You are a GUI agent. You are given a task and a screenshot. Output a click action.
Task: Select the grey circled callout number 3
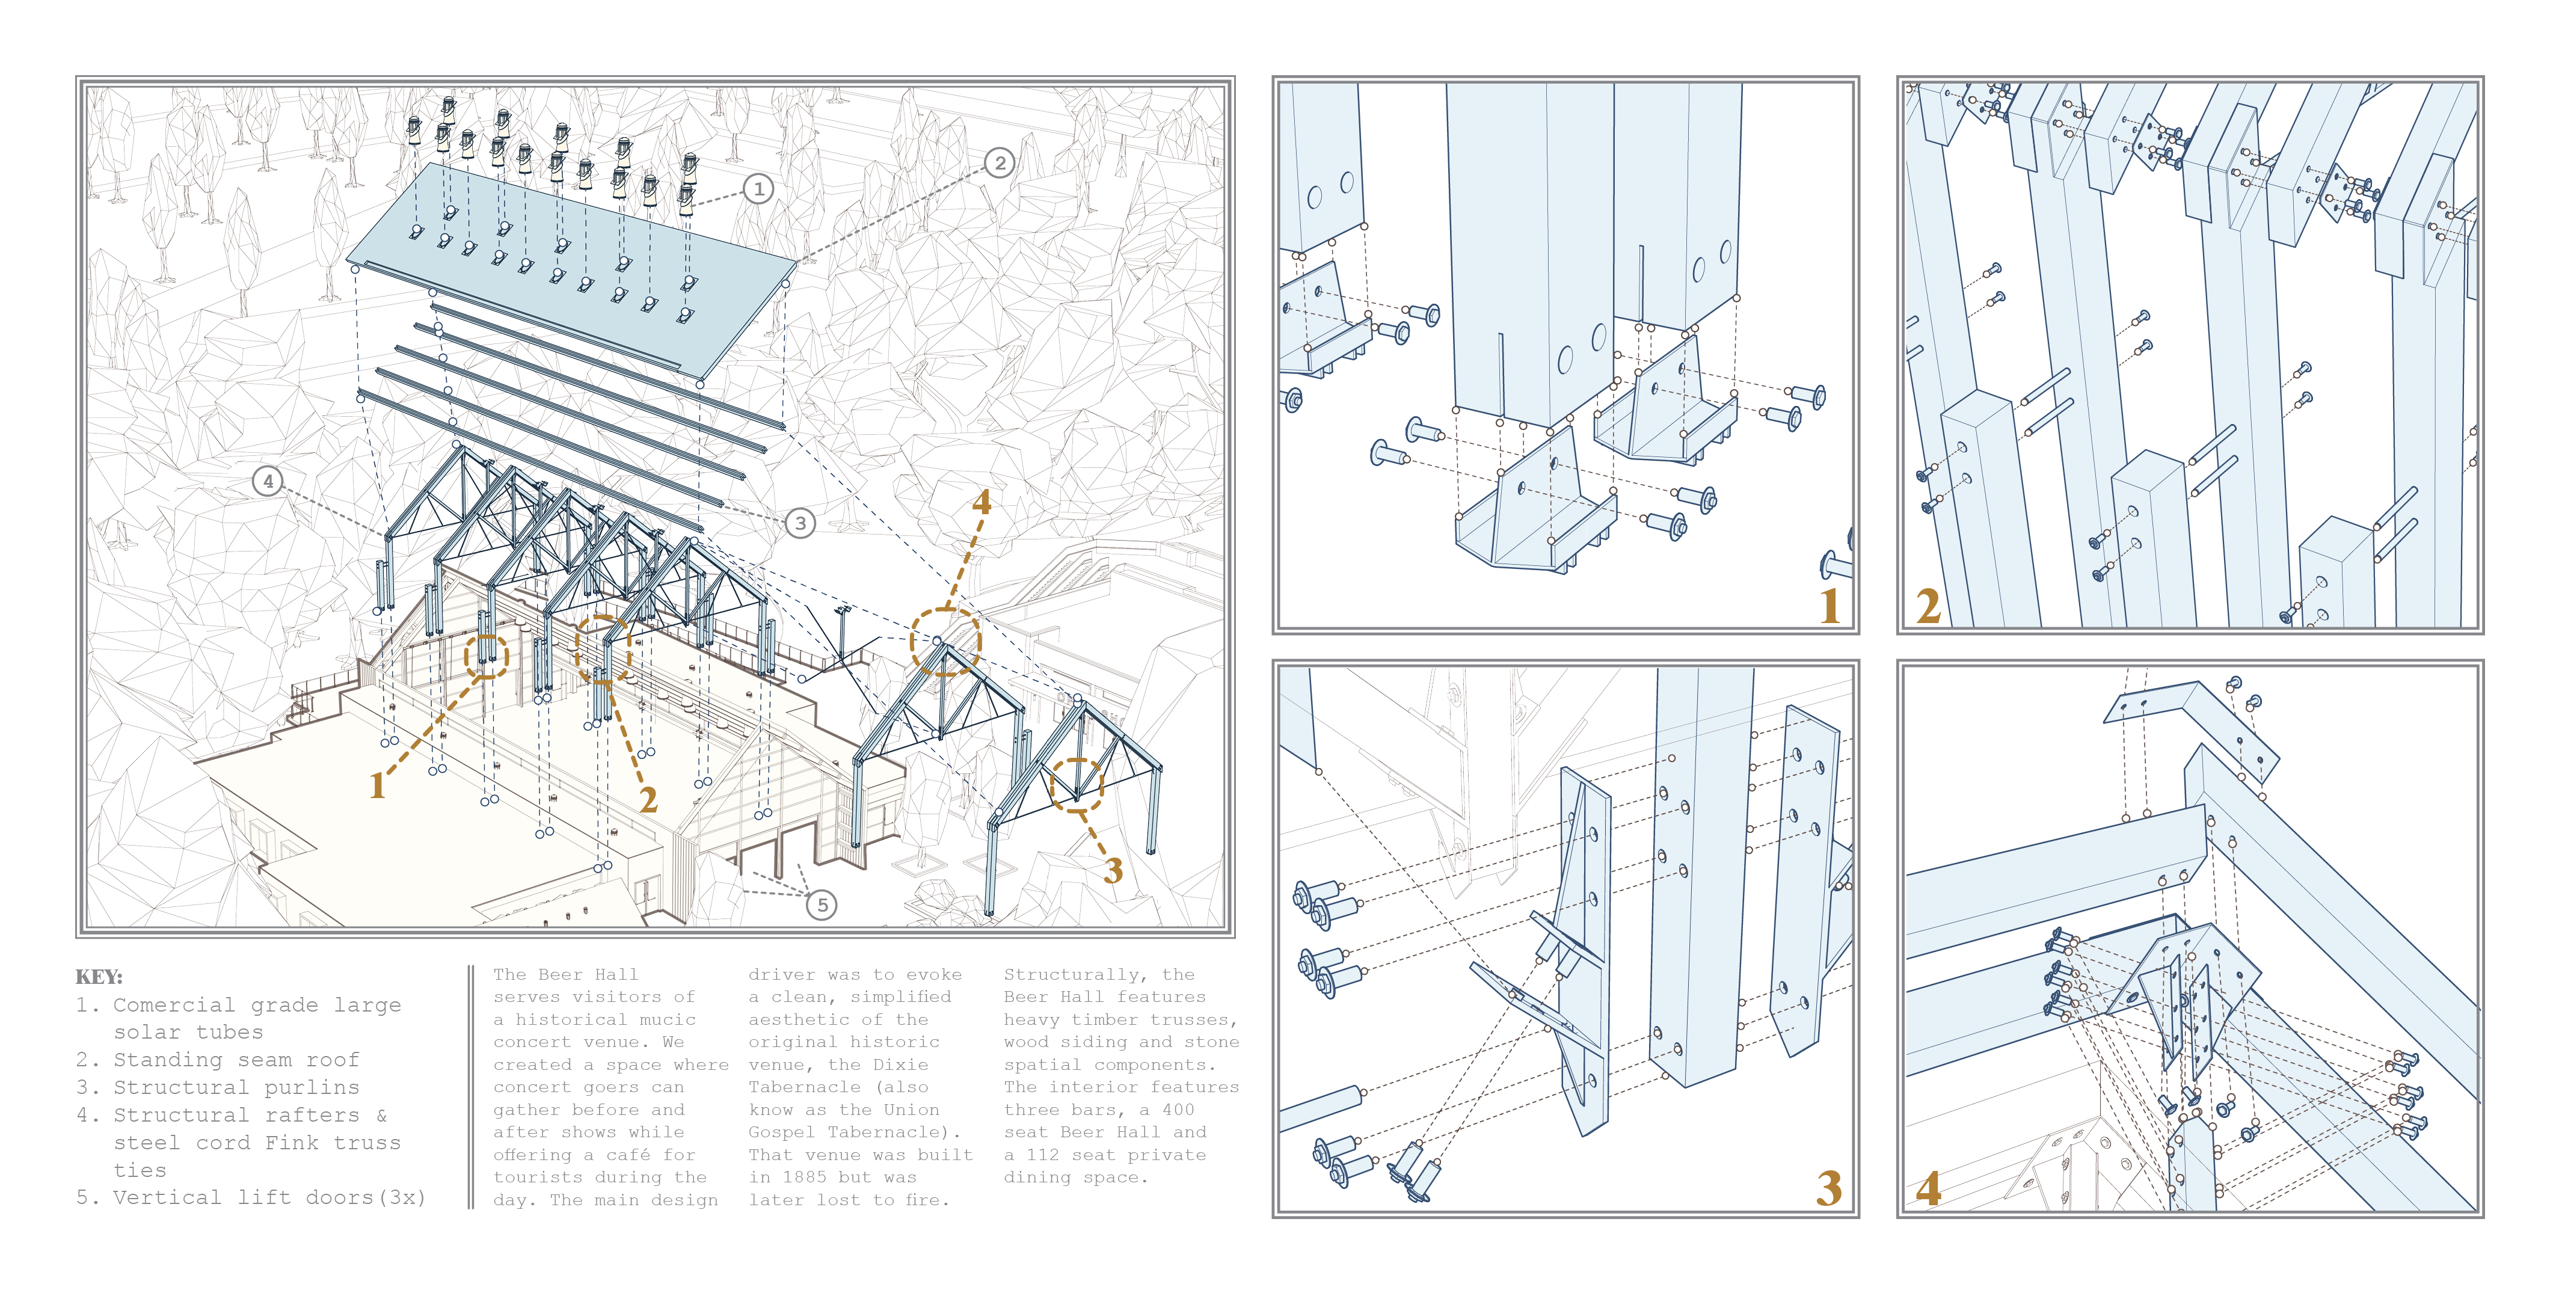click(x=800, y=523)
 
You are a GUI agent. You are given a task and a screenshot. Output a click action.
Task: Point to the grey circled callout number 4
click(x=267, y=481)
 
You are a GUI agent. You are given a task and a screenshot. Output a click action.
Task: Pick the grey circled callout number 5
click(x=822, y=904)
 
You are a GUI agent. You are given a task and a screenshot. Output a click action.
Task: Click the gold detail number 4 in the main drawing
click(x=982, y=502)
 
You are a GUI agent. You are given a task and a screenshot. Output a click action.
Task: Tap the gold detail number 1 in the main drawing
click(x=377, y=786)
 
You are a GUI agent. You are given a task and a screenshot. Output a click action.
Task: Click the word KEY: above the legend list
click(x=99, y=977)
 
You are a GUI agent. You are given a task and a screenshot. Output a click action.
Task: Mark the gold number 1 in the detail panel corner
click(x=1829, y=605)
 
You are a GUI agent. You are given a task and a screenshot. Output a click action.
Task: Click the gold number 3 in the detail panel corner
click(x=1829, y=1188)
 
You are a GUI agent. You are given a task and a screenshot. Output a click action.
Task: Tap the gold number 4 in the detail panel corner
click(x=1928, y=1188)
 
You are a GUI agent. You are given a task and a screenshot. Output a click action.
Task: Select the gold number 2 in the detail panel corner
click(x=1928, y=605)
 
